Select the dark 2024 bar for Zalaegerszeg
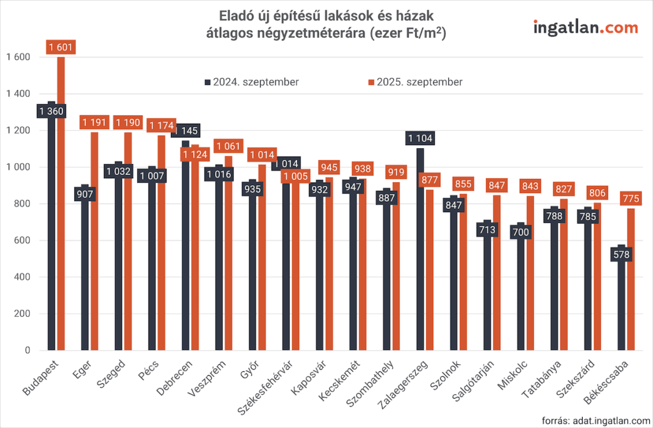click(x=420, y=256)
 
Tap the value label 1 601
click(x=61, y=47)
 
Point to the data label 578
click(x=622, y=256)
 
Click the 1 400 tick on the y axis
click(x=18, y=94)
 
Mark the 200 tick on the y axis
click(x=22, y=314)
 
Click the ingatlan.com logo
click(x=585, y=27)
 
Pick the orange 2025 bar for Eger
click(x=94, y=243)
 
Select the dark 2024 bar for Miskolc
click(x=521, y=294)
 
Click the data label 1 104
click(x=420, y=139)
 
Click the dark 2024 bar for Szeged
click(x=118, y=268)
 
